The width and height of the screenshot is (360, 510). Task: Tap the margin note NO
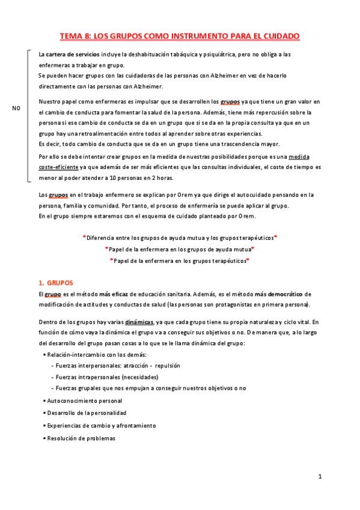tap(16, 108)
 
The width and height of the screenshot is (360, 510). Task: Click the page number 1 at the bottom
tap(320, 477)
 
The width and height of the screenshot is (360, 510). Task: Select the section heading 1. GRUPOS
tap(60, 281)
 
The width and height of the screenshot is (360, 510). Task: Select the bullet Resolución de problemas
tap(83, 438)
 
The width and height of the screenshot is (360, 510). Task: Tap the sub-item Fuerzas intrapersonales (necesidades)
tap(107, 377)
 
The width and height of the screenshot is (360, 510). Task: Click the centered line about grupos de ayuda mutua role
tap(180, 249)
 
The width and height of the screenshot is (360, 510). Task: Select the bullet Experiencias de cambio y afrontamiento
tap(102, 425)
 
